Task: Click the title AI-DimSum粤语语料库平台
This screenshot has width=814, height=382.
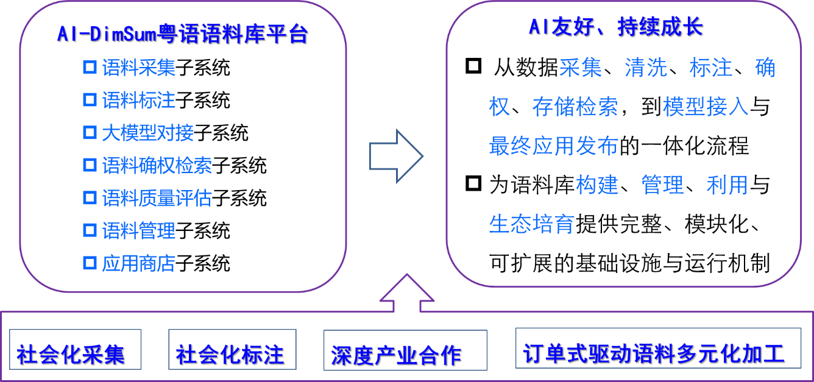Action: pos(182,34)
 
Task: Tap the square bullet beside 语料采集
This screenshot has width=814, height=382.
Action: pos(90,67)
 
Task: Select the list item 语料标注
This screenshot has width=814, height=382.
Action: pos(138,100)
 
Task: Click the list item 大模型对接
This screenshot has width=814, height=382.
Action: pos(147,133)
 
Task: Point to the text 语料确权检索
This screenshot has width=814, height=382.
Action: pos(157,166)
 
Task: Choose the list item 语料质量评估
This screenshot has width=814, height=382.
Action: pos(157,199)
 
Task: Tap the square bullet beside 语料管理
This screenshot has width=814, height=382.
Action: pos(90,230)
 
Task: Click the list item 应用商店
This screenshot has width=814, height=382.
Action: pos(138,264)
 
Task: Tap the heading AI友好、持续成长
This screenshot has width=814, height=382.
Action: pos(615,27)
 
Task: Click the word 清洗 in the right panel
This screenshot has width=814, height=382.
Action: pos(646,68)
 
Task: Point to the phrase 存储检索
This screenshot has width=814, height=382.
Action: pos(575,107)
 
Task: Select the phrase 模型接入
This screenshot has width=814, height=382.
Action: pos(706,107)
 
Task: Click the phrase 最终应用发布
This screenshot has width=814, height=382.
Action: pos(553,146)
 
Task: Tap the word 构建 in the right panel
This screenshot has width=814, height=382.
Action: pos(597,185)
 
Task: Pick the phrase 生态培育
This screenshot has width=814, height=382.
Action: pos(531,224)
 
